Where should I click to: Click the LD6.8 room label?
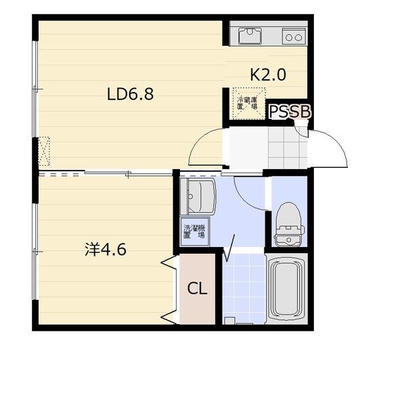click(130, 94)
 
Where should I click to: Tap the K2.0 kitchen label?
click(268, 74)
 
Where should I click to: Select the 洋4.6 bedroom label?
click(106, 249)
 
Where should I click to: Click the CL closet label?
click(198, 288)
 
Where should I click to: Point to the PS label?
click(279, 112)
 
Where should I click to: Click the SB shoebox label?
click(300, 112)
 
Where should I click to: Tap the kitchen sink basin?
click(250, 36)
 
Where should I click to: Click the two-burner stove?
click(294, 37)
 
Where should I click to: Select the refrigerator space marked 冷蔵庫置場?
click(249, 104)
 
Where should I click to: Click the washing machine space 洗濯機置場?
click(195, 231)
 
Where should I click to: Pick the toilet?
click(289, 225)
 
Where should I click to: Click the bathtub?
click(287, 288)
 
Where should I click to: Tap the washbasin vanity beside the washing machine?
click(198, 197)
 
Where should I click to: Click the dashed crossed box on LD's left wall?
click(44, 151)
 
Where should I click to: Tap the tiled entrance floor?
click(288, 148)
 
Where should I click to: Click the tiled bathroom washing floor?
click(244, 288)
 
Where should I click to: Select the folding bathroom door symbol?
click(229, 248)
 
